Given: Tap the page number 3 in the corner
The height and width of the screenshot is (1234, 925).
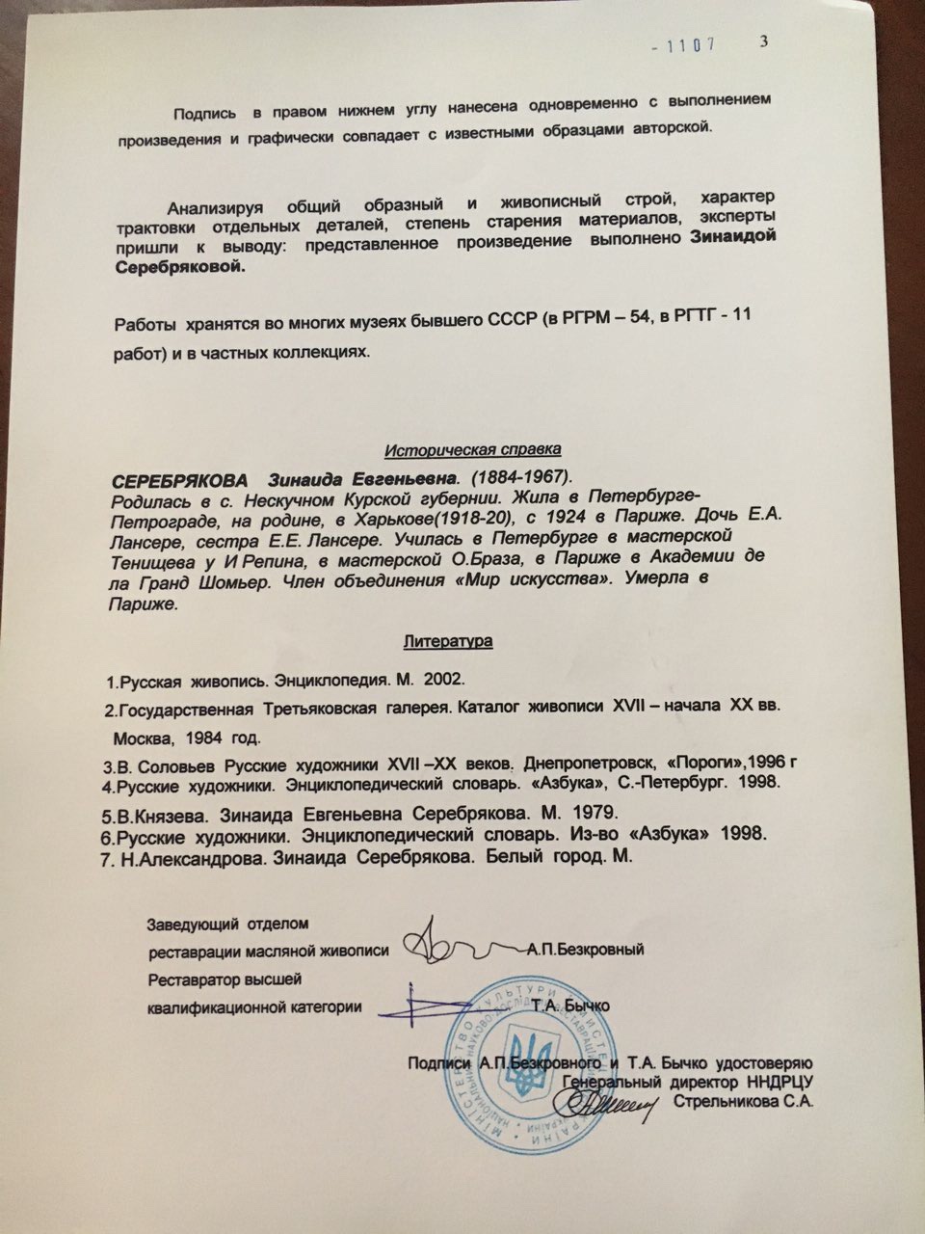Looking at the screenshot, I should [764, 40].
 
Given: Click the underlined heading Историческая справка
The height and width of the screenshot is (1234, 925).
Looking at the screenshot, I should [472, 450].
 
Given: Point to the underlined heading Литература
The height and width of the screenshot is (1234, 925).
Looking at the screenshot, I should [448, 639].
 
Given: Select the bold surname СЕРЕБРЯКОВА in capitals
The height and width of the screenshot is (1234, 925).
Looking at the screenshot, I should [179, 479].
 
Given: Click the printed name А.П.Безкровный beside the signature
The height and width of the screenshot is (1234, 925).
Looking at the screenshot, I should [586, 950].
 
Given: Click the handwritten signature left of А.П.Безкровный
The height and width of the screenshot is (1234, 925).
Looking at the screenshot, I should [453, 947].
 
